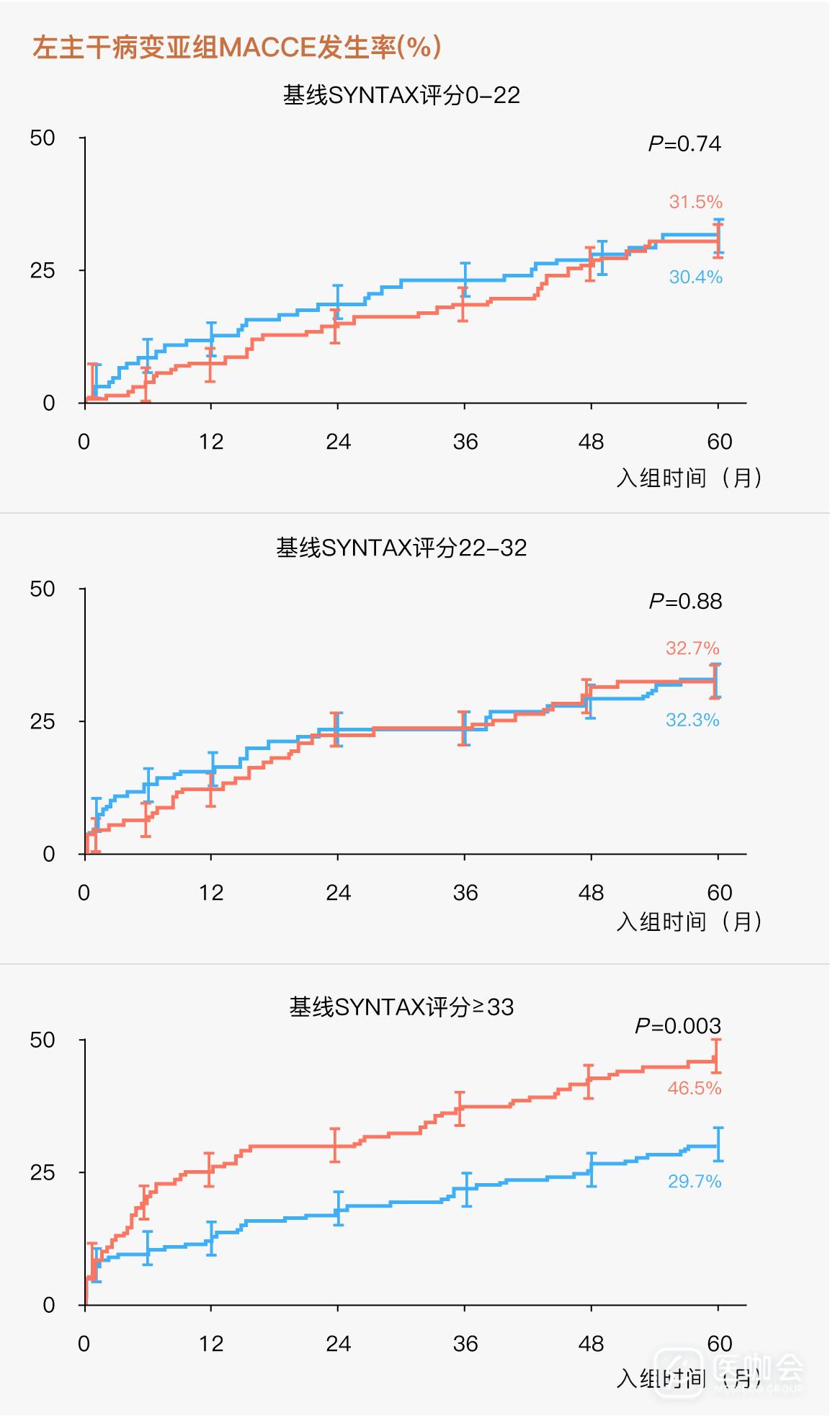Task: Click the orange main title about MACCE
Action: point(236,48)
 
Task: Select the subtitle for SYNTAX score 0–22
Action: point(401,95)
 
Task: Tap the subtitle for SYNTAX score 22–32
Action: point(401,548)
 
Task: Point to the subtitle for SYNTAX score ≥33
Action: point(401,1007)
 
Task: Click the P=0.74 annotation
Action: point(684,144)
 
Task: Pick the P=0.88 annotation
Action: point(685,601)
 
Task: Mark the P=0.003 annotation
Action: point(677,1025)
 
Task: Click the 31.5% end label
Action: point(695,202)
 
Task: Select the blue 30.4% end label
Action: point(695,277)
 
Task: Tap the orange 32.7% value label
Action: point(692,648)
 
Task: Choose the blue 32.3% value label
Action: point(692,720)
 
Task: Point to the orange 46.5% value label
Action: point(694,1088)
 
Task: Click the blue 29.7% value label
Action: point(694,1181)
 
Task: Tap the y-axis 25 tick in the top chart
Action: point(43,271)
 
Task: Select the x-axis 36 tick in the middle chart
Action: point(465,893)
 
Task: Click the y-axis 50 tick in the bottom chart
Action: point(43,1040)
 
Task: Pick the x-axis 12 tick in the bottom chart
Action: point(211,1344)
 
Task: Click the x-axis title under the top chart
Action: point(689,477)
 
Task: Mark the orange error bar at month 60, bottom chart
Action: point(716,1056)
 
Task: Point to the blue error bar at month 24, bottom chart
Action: point(338,1208)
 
